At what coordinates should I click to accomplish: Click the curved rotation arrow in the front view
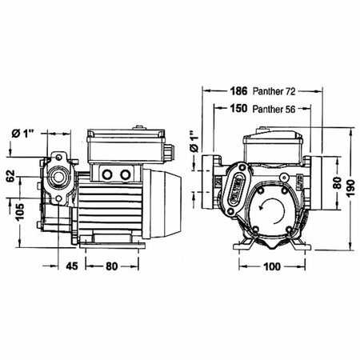click(x=266, y=210)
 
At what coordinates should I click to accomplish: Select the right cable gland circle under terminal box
click(x=125, y=174)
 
